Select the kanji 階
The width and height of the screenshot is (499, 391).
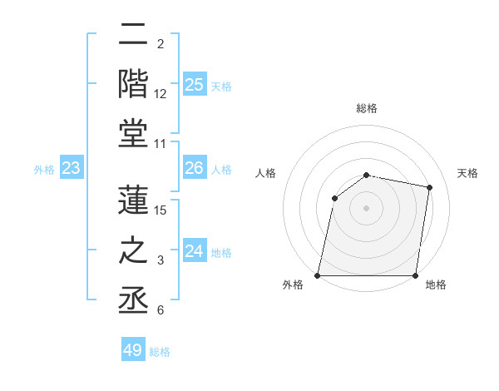coord(135,82)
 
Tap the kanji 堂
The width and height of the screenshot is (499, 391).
coord(135,134)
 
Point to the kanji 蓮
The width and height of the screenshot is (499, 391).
coord(135,200)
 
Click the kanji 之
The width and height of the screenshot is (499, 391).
coord(135,250)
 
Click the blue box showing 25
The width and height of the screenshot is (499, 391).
coord(195,85)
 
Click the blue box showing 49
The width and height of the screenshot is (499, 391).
coord(133,350)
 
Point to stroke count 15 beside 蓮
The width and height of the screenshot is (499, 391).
coord(161,210)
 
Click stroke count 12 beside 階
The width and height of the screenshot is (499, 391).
coord(161,93)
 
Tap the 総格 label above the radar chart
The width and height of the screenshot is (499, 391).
coord(367,108)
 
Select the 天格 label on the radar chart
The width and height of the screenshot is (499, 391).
coord(468,173)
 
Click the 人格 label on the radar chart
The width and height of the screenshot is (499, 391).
coord(266,173)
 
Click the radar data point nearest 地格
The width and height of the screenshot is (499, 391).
coord(416,275)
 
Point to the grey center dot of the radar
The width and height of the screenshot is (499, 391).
coord(367,207)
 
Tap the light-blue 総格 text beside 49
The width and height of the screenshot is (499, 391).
coord(160,352)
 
